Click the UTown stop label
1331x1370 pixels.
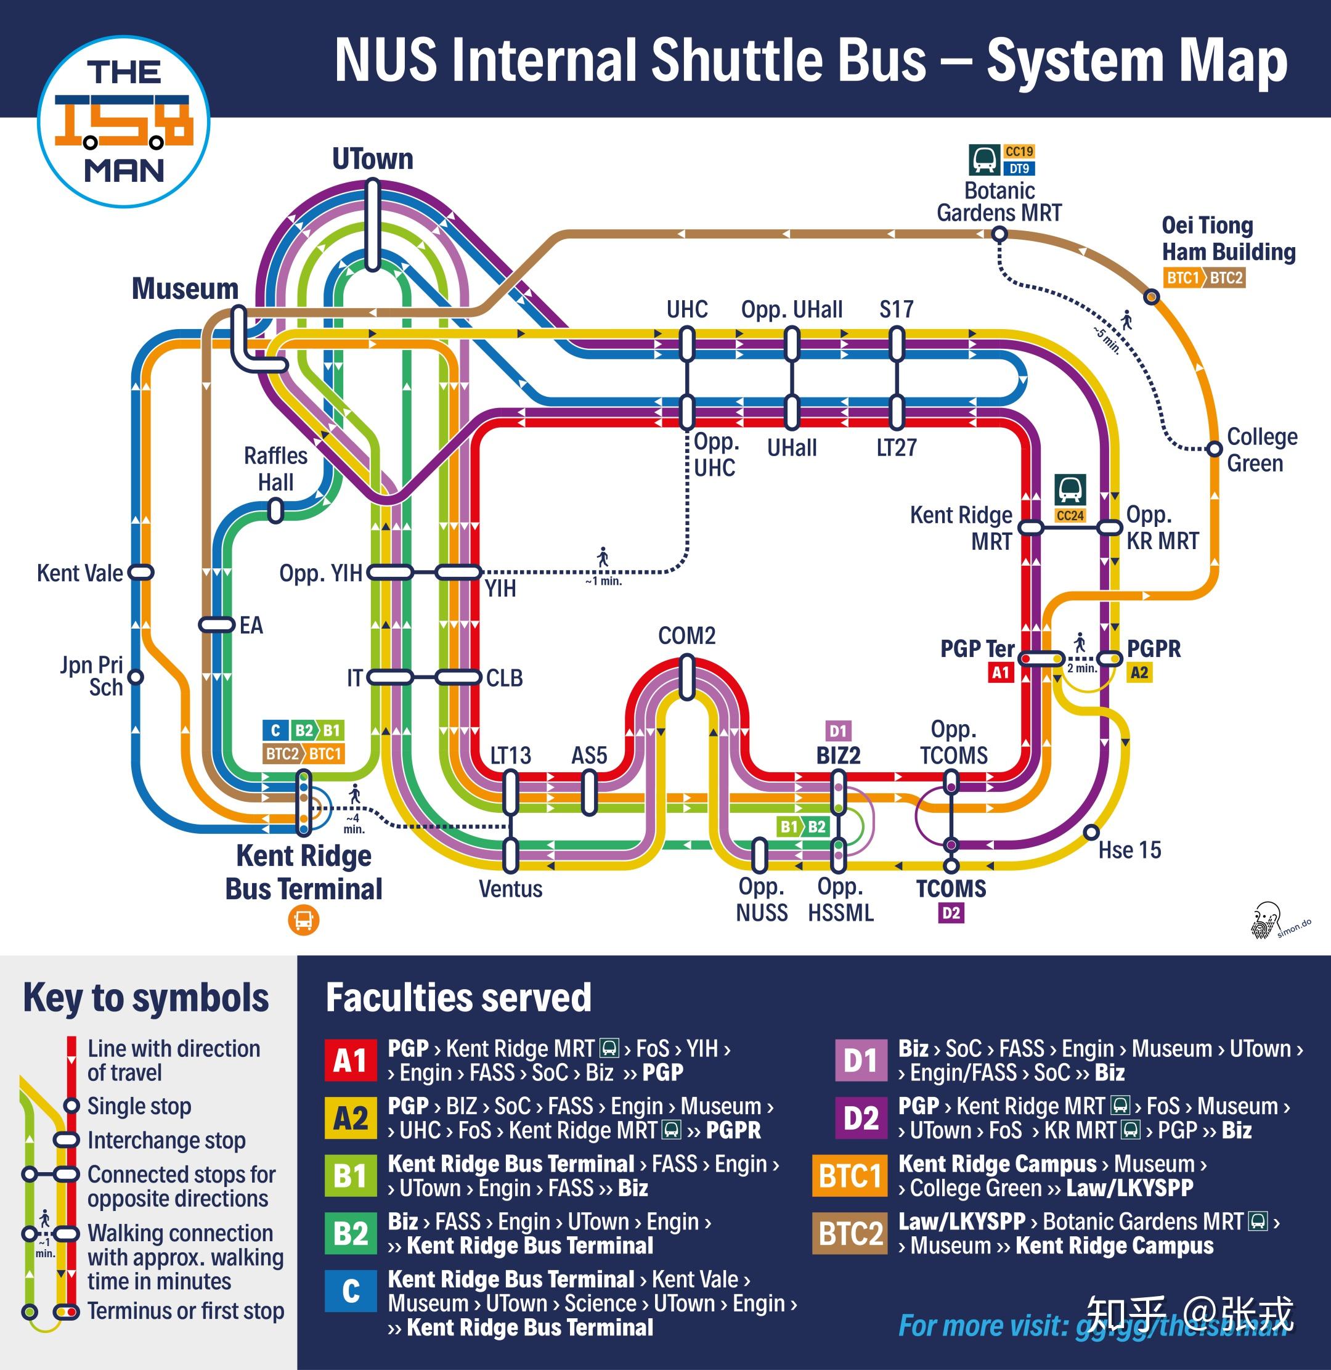pyautogui.click(x=373, y=158)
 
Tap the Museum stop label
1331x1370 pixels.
pyautogui.click(x=185, y=288)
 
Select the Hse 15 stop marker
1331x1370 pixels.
pyautogui.click(x=1091, y=833)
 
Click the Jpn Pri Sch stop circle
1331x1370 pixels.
pyautogui.click(x=136, y=677)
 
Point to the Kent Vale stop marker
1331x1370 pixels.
pyautogui.click(x=140, y=573)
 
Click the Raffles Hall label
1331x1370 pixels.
pyautogui.click(x=275, y=469)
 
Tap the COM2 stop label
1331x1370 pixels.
pyautogui.click(x=686, y=635)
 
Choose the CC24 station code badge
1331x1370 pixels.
pyautogui.click(x=1070, y=516)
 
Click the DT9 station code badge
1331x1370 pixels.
pyautogui.click(x=1019, y=168)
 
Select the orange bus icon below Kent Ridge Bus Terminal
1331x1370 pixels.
pyautogui.click(x=303, y=920)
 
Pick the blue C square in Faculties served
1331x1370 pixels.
pyautogui.click(x=350, y=1290)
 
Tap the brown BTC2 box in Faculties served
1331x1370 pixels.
pyautogui.click(x=849, y=1233)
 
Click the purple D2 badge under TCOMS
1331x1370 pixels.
pyautogui.click(x=951, y=913)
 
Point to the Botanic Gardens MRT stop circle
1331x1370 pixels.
pyautogui.click(x=1000, y=234)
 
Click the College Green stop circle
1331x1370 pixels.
pyautogui.click(x=1215, y=448)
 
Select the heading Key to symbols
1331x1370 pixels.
pyautogui.click(x=146, y=997)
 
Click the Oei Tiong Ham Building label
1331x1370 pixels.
pyautogui.click(x=1228, y=239)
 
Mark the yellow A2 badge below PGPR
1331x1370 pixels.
pyautogui.click(x=1139, y=672)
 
